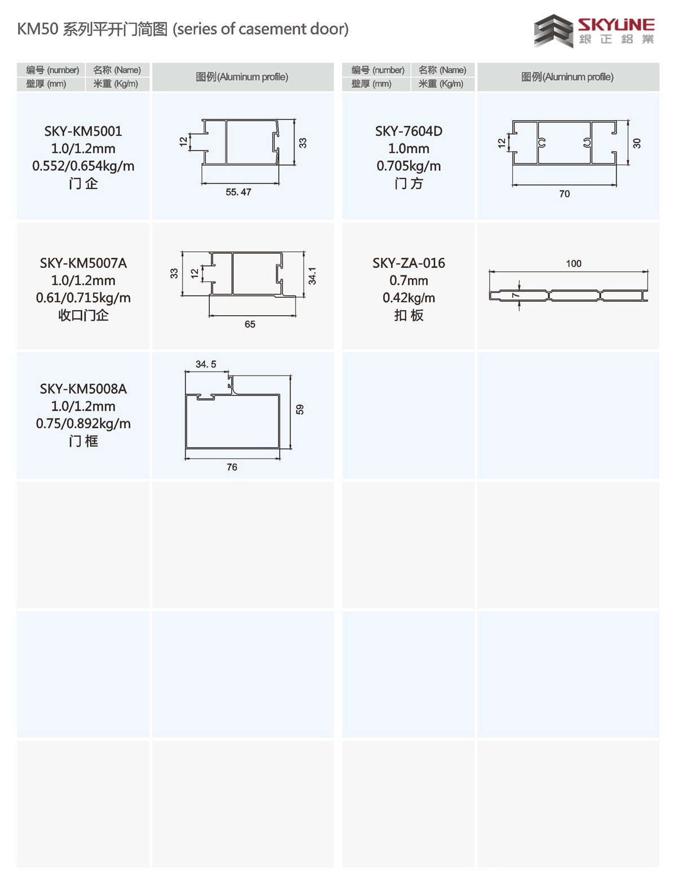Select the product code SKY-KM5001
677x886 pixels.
click(x=83, y=131)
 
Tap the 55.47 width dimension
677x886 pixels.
click(x=238, y=192)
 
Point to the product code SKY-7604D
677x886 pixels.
click(x=408, y=131)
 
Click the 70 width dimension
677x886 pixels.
click(x=564, y=194)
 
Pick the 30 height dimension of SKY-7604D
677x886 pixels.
click(x=636, y=143)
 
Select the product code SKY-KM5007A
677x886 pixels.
click(x=83, y=263)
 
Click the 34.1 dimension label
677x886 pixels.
click(x=312, y=276)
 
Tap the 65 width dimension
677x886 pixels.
click(x=250, y=324)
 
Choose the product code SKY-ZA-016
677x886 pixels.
click(x=408, y=263)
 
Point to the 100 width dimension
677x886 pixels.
click(x=574, y=263)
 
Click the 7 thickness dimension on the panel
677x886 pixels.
click(x=515, y=295)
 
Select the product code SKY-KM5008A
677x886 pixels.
click(x=83, y=389)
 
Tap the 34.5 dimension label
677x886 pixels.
click(x=206, y=364)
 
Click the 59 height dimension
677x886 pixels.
click(x=300, y=409)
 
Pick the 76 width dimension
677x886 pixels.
click(x=232, y=467)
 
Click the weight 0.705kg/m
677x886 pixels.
click(x=408, y=166)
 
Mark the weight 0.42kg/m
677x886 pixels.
click(x=408, y=298)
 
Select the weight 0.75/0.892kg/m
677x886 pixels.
click(x=83, y=424)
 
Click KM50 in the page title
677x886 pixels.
click(x=38, y=29)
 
